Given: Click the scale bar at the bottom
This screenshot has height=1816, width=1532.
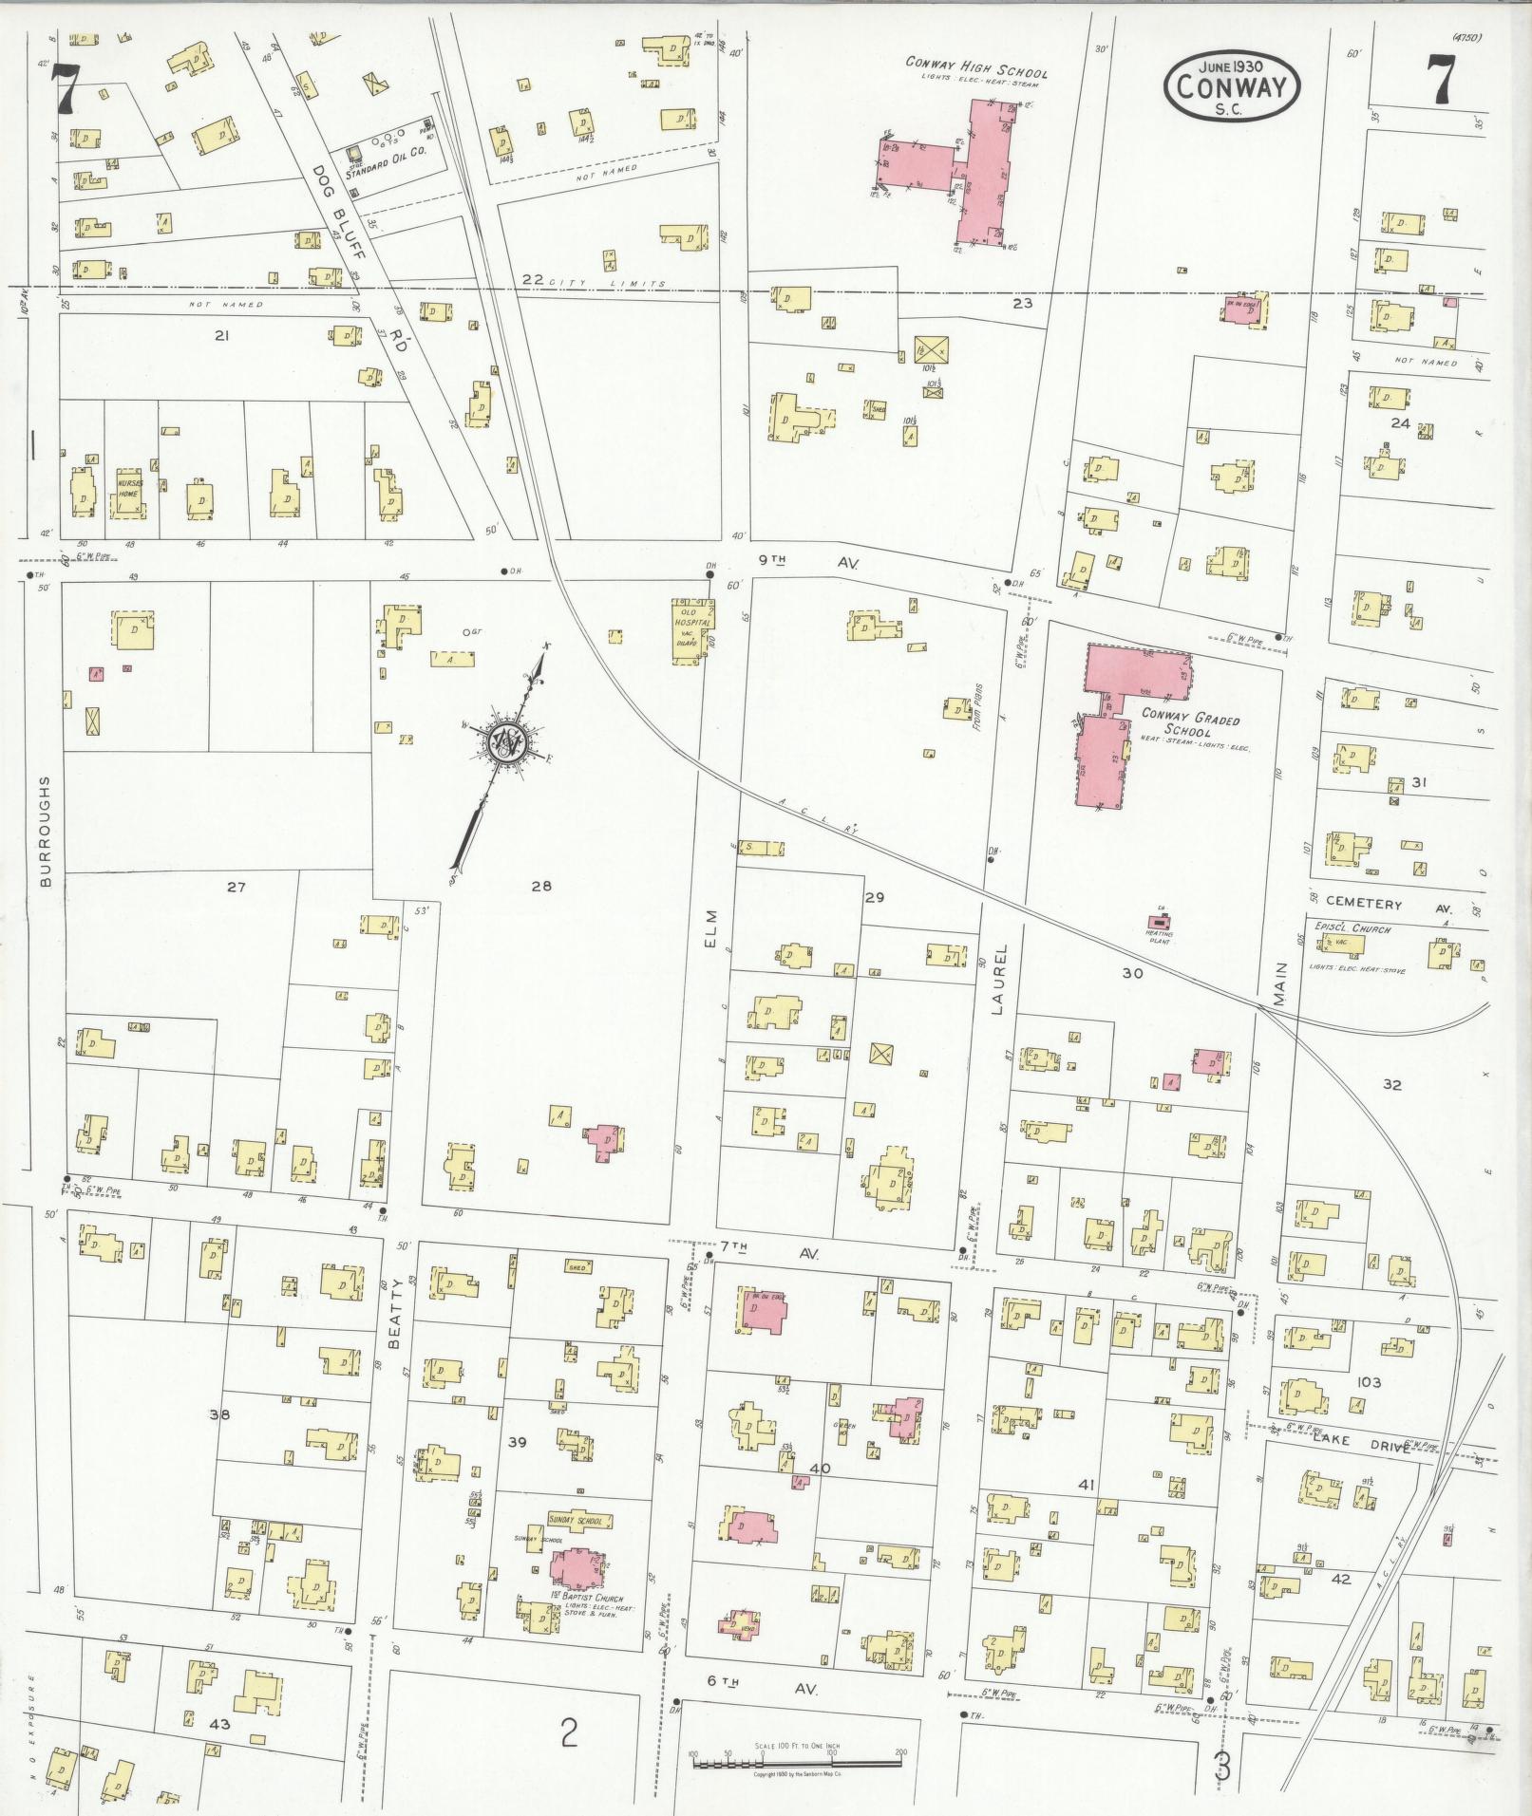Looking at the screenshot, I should pos(797,1762).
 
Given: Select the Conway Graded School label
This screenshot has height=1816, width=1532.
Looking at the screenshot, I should pos(1190,726).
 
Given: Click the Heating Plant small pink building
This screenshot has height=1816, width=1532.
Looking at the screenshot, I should pos(1159,922).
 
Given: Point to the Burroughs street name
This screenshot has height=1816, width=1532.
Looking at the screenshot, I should pos(45,830).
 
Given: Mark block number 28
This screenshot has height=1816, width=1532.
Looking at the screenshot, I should pos(541,887).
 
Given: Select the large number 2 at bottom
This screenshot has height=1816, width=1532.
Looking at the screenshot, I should pos(568,1732).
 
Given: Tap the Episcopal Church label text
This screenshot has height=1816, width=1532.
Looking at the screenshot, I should pos(1352,928).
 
